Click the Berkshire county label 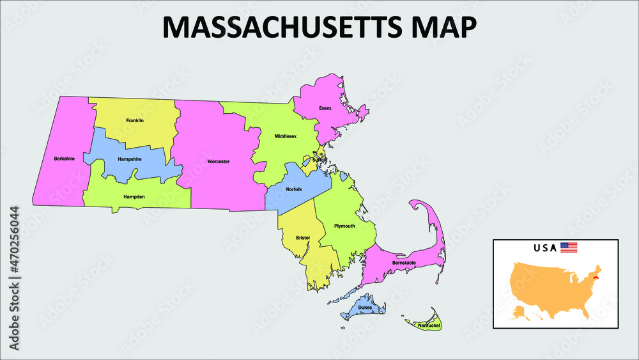(x=64, y=159)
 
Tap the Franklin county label (x=135, y=120)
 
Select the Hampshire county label (x=130, y=159)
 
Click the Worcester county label (x=219, y=161)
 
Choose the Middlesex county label (x=286, y=136)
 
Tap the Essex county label (x=325, y=108)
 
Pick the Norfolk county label (x=294, y=189)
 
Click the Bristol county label (x=303, y=238)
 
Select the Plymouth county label (x=344, y=226)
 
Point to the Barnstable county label (x=404, y=263)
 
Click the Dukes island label (x=365, y=308)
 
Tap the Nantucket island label (x=429, y=325)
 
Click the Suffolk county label (x=319, y=160)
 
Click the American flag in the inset (x=569, y=247)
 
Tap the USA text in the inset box (x=545, y=248)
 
